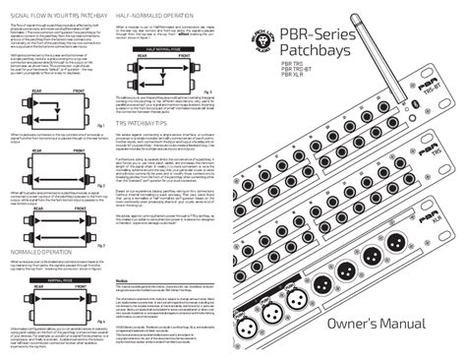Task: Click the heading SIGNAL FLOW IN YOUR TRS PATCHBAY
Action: coord(58,18)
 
